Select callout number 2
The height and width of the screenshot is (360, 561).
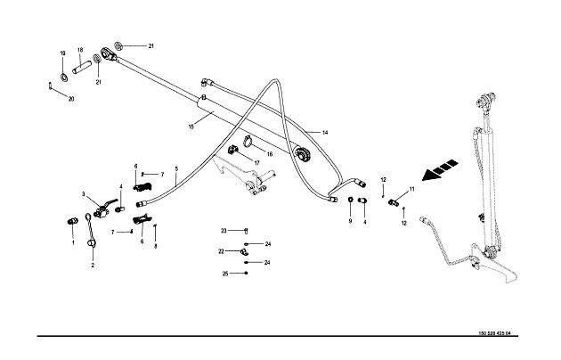(x=92, y=265)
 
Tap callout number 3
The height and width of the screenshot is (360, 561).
(x=85, y=194)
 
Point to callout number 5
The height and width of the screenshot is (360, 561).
(x=176, y=168)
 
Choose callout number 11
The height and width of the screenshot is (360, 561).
(x=411, y=190)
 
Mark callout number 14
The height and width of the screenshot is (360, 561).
(x=324, y=133)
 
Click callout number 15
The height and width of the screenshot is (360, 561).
(x=191, y=127)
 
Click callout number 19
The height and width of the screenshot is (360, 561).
(x=62, y=53)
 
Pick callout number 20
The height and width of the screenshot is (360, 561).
(x=71, y=98)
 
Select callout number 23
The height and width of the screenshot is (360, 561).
(x=224, y=230)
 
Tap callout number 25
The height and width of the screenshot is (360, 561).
(x=225, y=274)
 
